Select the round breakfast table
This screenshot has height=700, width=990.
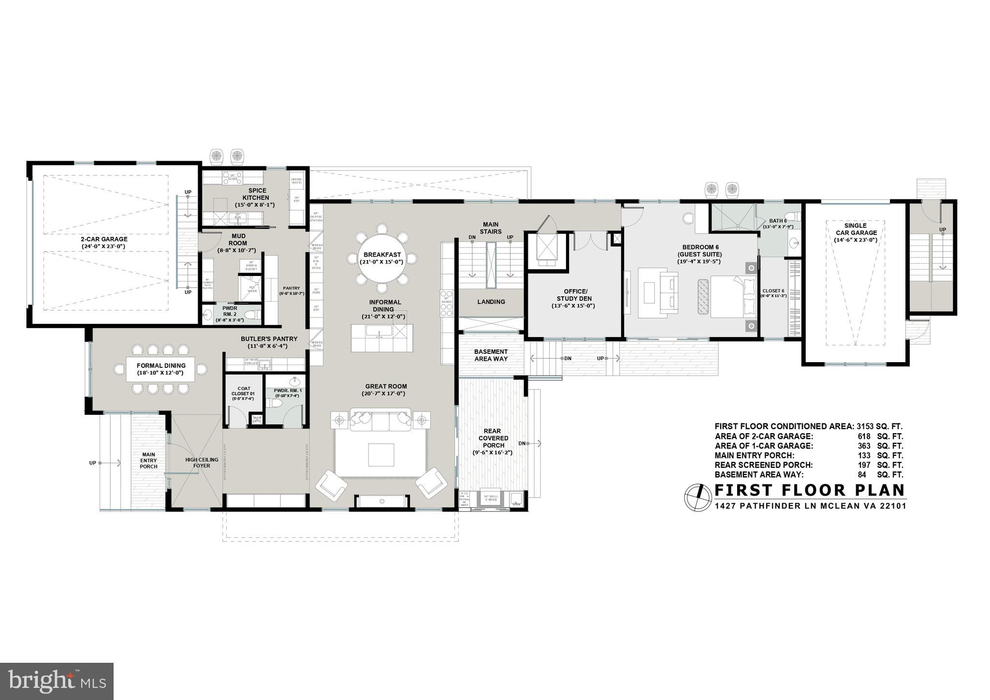point(382,258)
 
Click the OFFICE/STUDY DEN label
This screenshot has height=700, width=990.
point(574,298)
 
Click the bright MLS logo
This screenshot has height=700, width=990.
point(57,681)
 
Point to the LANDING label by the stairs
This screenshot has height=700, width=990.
point(491,302)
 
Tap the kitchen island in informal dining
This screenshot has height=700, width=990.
point(382,338)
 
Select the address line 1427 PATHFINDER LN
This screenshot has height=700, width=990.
point(810,506)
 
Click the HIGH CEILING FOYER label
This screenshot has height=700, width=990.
point(202,463)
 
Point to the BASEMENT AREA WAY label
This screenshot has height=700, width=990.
point(491,355)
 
